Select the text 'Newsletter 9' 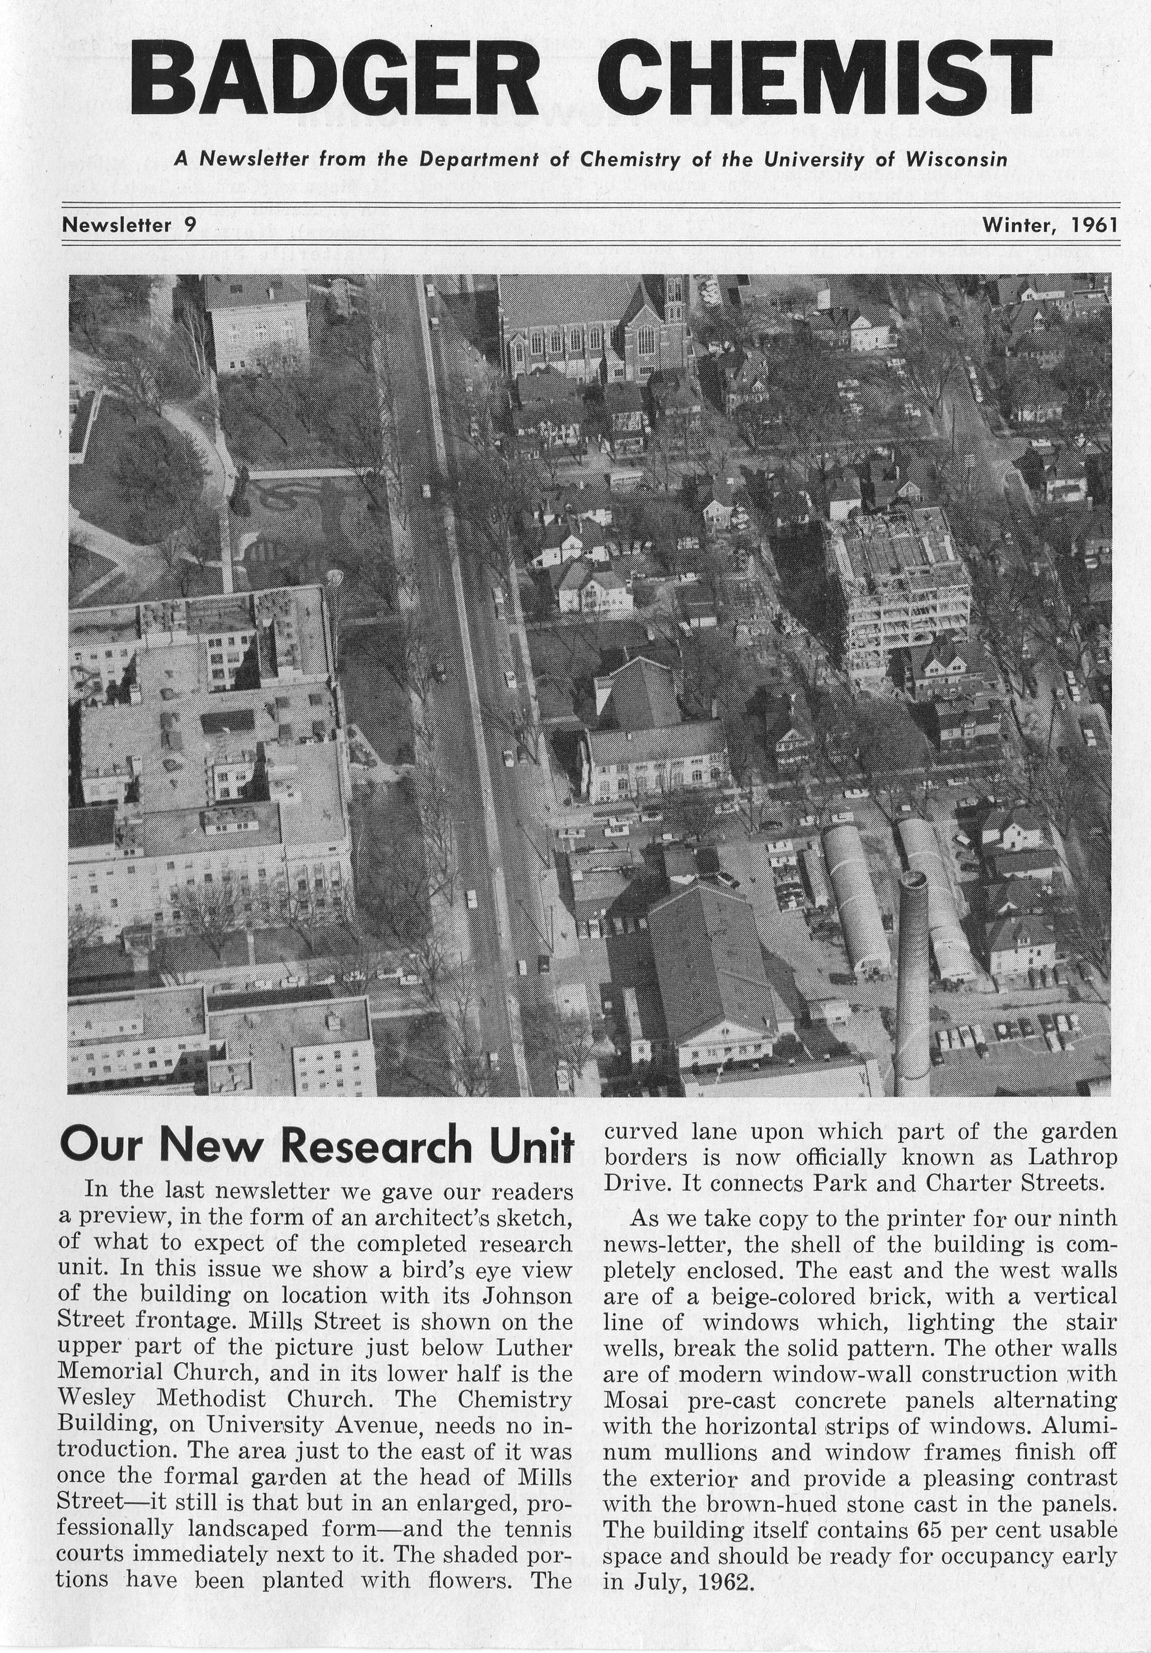coord(129,225)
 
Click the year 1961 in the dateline coord(1094,225)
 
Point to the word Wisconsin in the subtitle coord(956,159)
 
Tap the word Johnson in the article coord(526,1295)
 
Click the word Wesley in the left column coord(91,1399)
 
